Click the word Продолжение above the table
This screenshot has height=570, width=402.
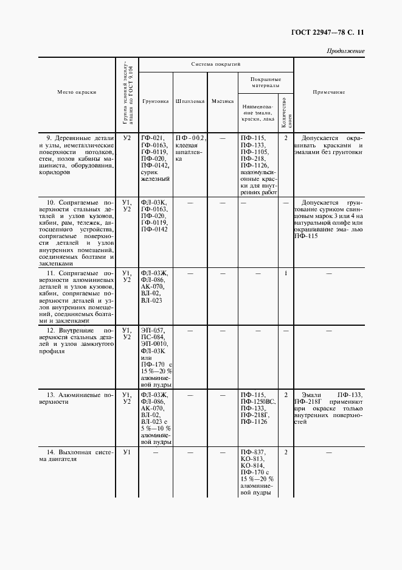[345, 51]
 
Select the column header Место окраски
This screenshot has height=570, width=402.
[77, 92]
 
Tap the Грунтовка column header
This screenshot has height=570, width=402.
[155, 101]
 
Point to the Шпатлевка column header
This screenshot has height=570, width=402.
[189, 101]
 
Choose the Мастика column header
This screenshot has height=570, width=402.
[222, 101]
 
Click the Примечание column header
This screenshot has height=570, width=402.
[328, 92]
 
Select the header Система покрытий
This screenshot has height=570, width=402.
[216, 63]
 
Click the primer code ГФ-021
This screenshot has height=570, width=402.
[151, 138]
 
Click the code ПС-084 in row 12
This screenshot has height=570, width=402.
[152, 337]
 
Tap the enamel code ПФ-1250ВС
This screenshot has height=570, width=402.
[257, 402]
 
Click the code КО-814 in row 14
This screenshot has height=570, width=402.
[252, 466]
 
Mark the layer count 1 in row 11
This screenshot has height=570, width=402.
[285, 273]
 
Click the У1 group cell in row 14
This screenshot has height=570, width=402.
[126, 452]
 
